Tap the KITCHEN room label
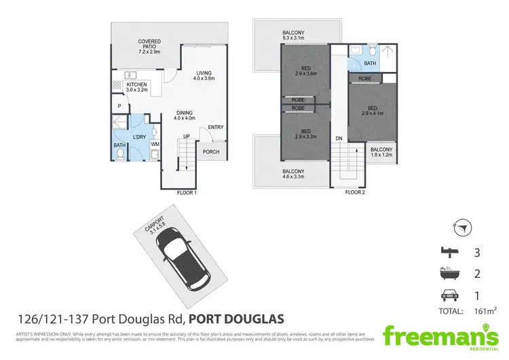[136, 88]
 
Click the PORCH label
[211, 151]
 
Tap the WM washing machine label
[155, 144]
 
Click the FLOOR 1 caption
[186, 193]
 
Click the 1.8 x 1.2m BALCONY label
[379, 152]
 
